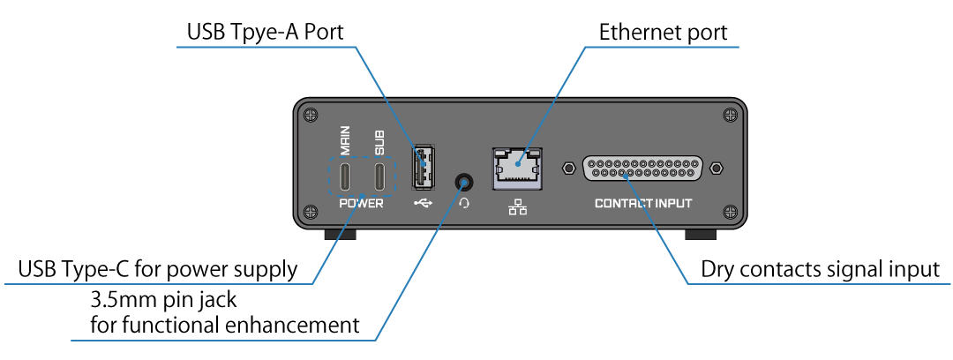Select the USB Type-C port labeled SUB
(379, 177)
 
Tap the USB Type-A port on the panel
(423, 165)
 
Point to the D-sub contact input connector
(642, 168)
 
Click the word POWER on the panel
(362, 204)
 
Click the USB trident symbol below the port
(423, 204)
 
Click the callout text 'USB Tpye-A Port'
(265, 34)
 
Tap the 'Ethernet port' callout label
(663, 34)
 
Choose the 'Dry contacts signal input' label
(820, 270)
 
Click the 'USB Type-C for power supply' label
(158, 268)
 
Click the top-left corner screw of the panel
(310, 114)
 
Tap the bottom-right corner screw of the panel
(729, 211)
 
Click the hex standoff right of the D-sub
(717, 168)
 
